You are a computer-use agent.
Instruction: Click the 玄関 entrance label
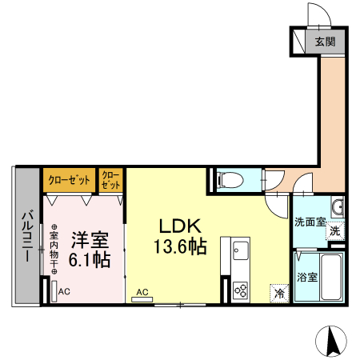tap(325, 42)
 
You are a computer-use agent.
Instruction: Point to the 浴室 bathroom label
tap(307, 278)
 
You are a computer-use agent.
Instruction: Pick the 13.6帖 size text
tap(180, 247)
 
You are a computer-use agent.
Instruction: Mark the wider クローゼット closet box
tap(69, 179)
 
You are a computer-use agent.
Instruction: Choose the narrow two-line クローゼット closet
tap(111, 179)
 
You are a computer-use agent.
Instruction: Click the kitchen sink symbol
tap(241, 255)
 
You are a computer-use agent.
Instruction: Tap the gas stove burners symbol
tap(240, 289)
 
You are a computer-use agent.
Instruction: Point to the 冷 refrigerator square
tap(279, 294)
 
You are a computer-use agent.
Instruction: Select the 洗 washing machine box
tap(336, 230)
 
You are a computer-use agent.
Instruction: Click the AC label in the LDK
tap(142, 292)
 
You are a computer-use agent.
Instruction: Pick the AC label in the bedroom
tap(64, 291)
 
